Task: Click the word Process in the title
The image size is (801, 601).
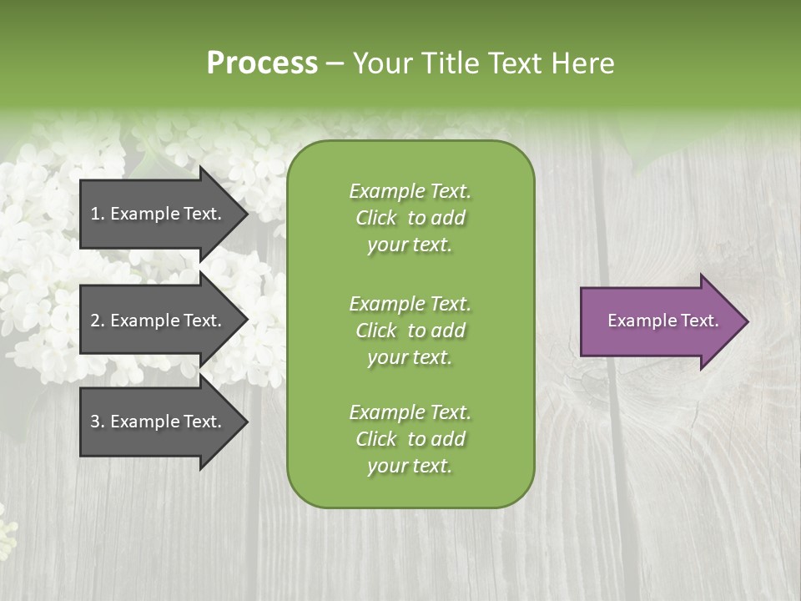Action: pos(262,63)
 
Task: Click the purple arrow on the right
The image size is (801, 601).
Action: pos(659,321)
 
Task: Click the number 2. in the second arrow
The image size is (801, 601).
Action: pos(98,321)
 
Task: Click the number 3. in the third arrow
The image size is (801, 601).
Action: pos(98,422)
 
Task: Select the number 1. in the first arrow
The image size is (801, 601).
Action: pos(97,214)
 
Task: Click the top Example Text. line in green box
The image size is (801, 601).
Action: pos(410,191)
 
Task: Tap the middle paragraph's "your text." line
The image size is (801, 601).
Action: pos(410,357)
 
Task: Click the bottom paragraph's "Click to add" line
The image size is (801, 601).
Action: pos(410,439)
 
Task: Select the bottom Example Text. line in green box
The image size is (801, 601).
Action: pos(410,412)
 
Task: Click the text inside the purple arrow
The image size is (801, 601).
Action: pos(662,321)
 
